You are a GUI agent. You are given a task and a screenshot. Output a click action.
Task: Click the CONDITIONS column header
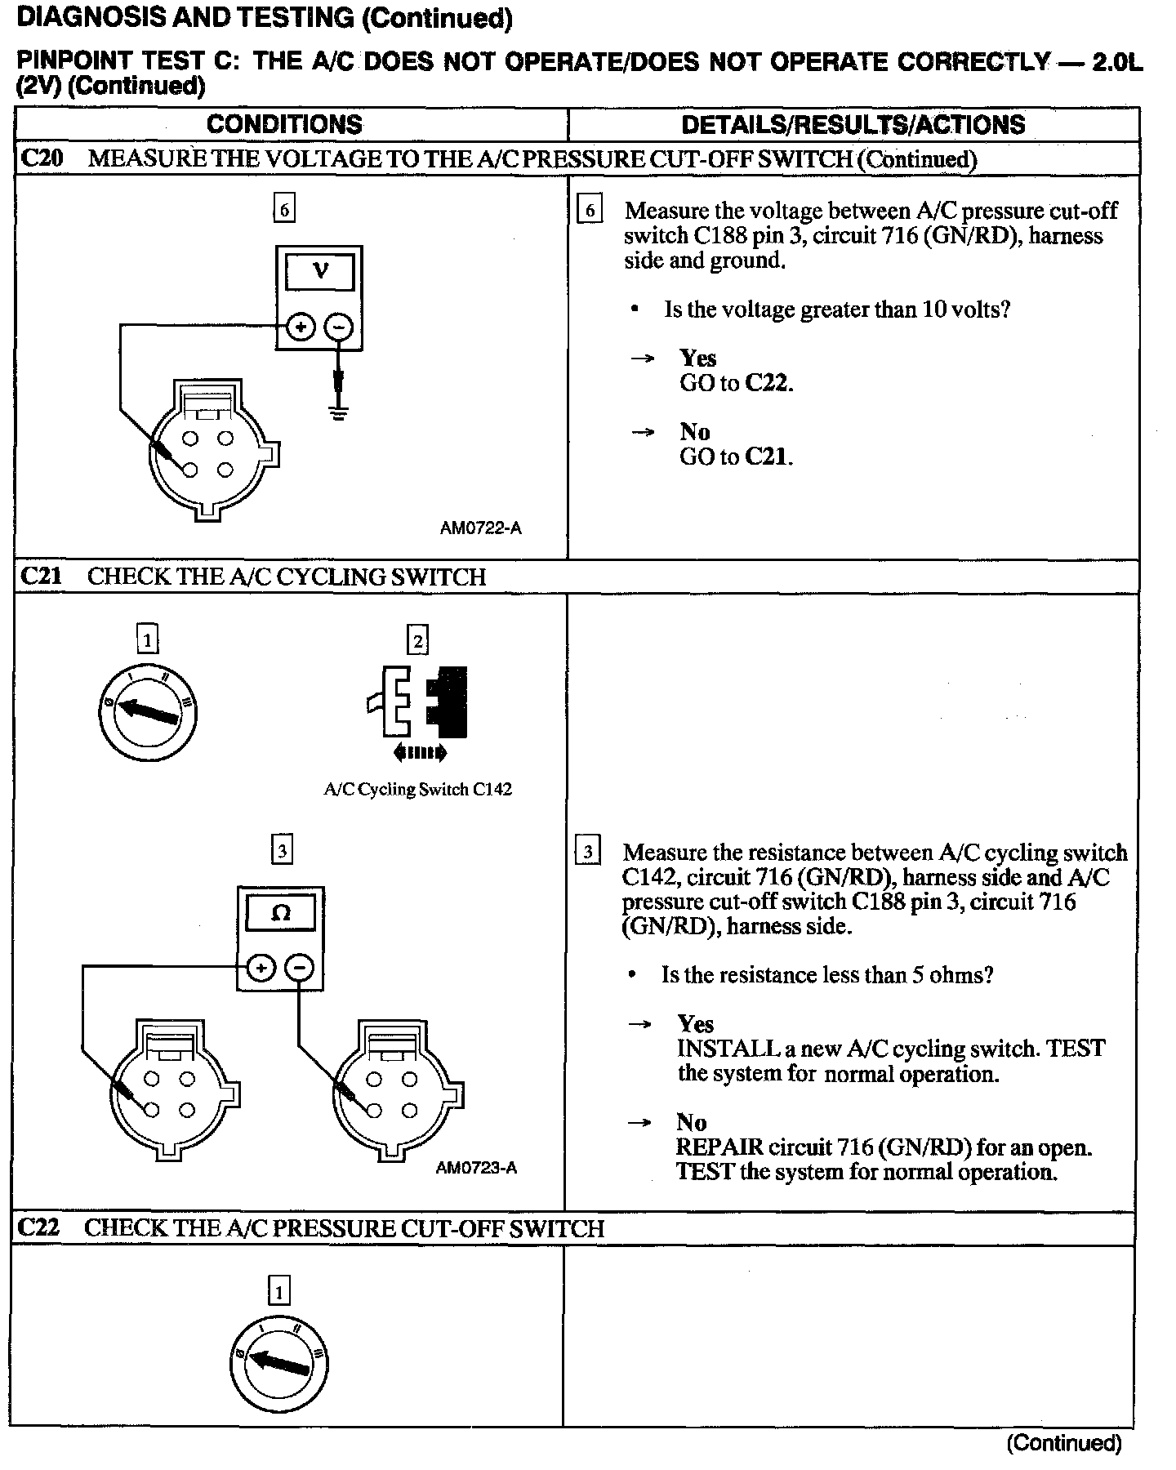tap(284, 124)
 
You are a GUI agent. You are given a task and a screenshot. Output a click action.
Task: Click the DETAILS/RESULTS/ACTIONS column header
tap(853, 124)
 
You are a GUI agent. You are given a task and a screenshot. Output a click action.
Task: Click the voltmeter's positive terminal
tap(301, 327)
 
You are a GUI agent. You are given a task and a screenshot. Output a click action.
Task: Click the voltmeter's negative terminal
tap(339, 327)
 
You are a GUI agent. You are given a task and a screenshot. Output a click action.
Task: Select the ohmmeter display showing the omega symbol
tap(280, 913)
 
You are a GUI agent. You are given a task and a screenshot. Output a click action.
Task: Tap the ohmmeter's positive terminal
tap(261, 969)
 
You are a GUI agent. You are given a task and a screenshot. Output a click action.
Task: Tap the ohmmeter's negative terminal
tap(301, 969)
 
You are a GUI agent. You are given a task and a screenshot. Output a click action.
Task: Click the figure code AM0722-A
tap(480, 528)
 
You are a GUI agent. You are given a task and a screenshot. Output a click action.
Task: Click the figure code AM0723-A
tap(476, 1168)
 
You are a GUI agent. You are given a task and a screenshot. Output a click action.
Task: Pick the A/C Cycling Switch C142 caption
tap(417, 790)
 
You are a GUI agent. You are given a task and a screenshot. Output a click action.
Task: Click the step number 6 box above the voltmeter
tap(283, 209)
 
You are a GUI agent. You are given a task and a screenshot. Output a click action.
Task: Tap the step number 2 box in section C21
tap(417, 640)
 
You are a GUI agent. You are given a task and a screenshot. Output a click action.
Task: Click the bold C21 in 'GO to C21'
tap(767, 457)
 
